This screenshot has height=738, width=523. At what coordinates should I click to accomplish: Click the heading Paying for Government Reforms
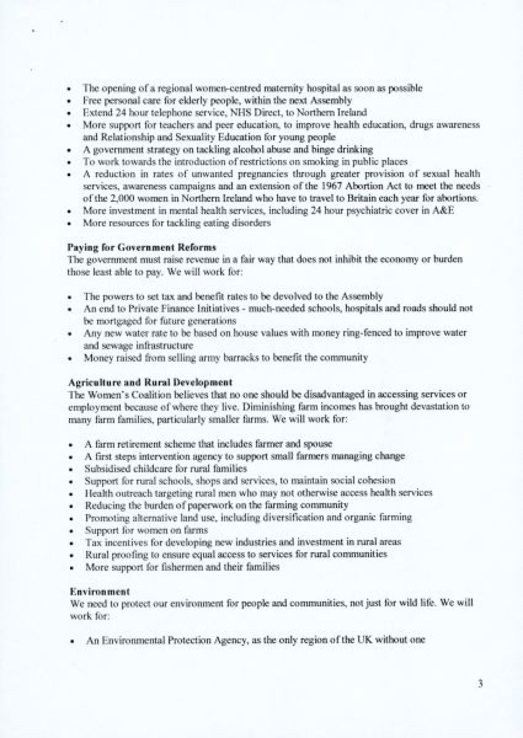[142, 247]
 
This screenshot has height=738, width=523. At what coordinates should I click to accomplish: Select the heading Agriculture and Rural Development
[150, 383]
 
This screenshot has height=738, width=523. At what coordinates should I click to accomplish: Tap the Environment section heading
[100, 592]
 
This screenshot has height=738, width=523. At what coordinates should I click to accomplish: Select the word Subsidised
[106, 469]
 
